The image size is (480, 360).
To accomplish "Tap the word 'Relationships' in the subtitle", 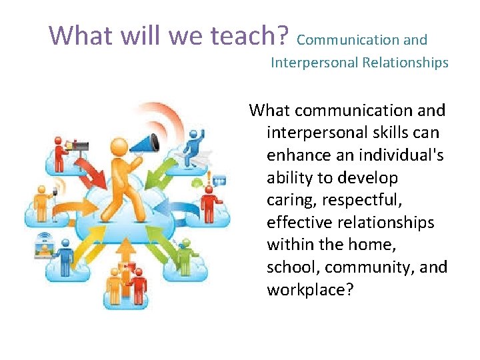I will [x=405, y=63].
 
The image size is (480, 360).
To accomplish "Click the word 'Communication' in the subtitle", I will [x=339, y=40].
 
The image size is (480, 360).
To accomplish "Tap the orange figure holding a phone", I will [x=44, y=200].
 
